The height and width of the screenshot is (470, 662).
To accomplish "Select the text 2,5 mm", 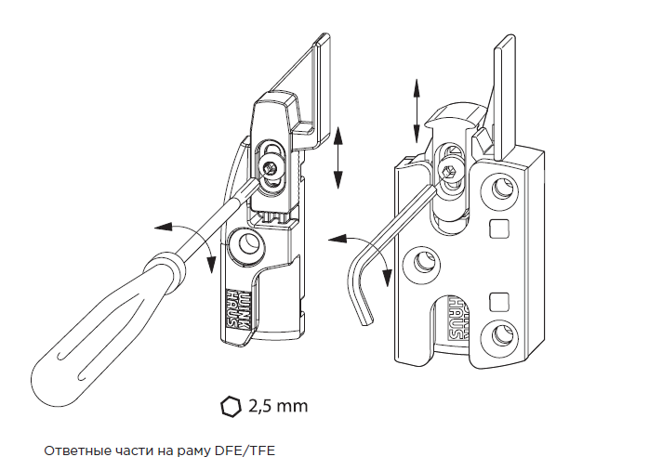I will click(277, 406).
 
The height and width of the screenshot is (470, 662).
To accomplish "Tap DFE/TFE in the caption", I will click(245, 450).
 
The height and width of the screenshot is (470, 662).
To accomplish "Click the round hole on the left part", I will click(247, 244).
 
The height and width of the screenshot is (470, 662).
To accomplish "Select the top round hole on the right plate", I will click(501, 191).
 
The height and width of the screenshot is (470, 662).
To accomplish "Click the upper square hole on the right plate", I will click(501, 228).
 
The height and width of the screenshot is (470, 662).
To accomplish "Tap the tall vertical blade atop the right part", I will click(505, 93).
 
